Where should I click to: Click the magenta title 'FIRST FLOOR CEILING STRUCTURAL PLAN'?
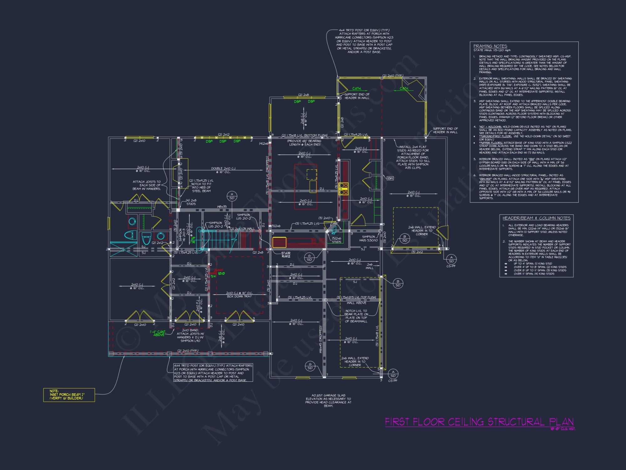pos(479,422)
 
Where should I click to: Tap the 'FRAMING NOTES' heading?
pos(490,46)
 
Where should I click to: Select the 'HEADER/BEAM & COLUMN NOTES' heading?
pos(536,218)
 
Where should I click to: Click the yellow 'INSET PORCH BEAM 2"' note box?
pos(69,395)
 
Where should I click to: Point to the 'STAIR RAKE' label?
pos(286,255)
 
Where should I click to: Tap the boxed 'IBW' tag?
pos(390,178)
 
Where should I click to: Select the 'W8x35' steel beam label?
pos(222,207)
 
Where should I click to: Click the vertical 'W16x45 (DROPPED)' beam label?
pos(321,339)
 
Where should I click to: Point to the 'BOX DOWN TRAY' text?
pos(239,296)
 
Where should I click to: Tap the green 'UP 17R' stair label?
pos(193,240)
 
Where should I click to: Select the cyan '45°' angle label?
pos(333,233)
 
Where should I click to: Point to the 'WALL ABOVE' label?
pos(356,303)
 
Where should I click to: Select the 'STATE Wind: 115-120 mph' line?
pos(492,50)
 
